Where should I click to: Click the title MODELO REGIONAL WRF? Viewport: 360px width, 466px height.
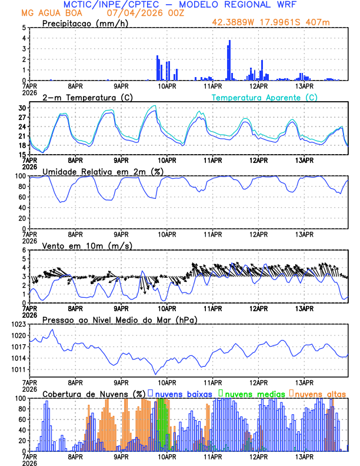tap(234, 4)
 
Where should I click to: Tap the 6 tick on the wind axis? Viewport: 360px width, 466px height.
tap(25, 250)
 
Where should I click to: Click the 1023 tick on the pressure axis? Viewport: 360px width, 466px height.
tap(19, 324)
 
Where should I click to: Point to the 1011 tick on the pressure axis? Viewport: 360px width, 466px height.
tap(19, 370)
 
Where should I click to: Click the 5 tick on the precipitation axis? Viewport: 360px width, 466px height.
tap(25, 28)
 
